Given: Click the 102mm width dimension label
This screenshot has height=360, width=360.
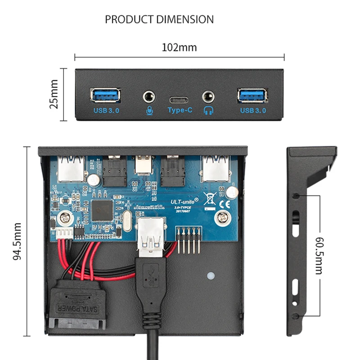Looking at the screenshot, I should coord(179,47).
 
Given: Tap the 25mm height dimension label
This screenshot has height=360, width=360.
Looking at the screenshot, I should coord(54,95).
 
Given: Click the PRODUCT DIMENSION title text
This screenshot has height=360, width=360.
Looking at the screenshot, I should coord(159,19).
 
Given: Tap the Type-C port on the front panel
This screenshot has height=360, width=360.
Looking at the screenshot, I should coord(180,99).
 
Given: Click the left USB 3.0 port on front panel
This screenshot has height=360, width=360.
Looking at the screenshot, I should coord(106,95).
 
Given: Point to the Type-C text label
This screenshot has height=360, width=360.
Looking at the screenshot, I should coord(180,110).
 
